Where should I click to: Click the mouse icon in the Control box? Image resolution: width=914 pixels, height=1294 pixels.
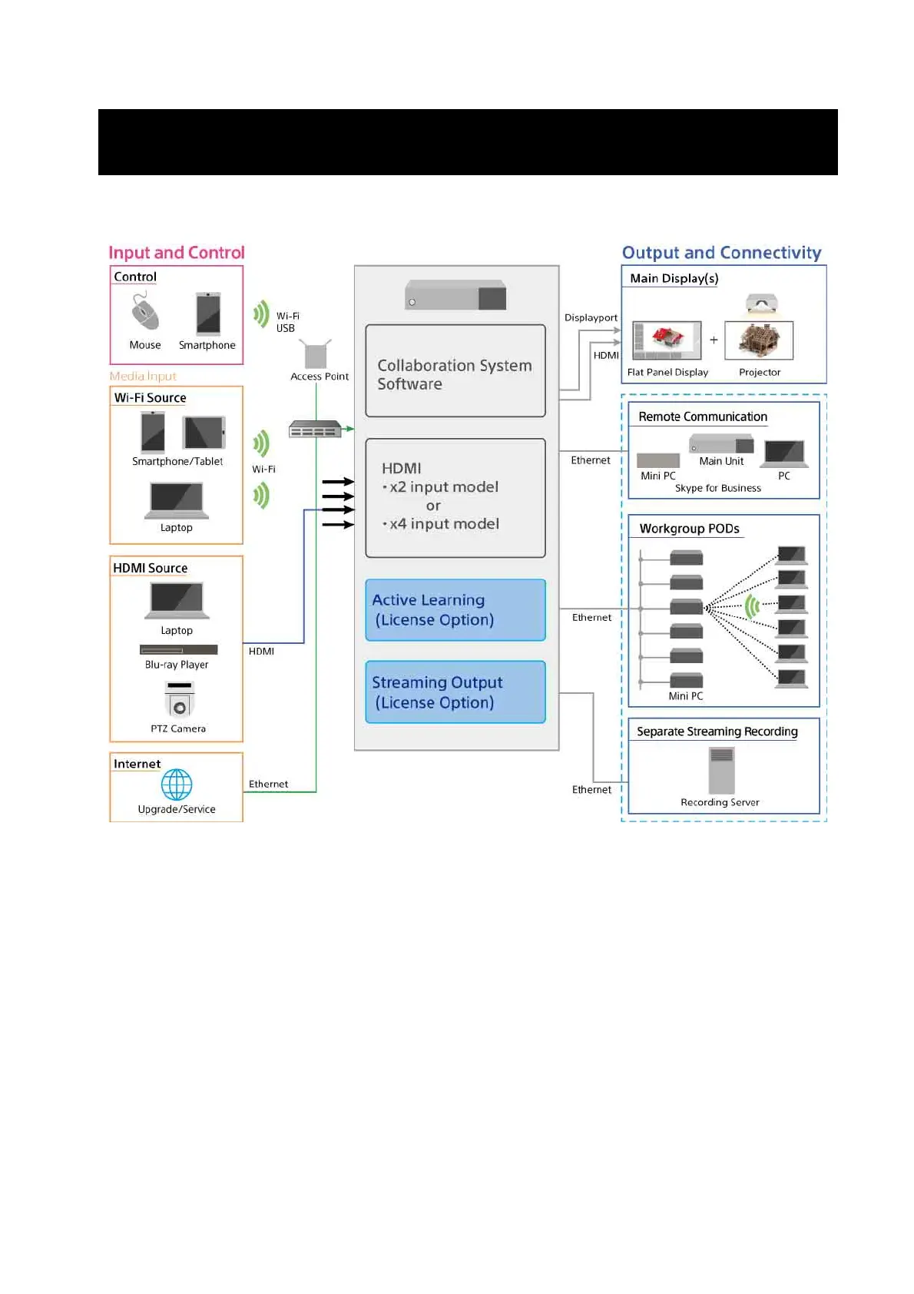(x=144, y=312)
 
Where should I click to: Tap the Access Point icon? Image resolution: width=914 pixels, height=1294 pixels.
(x=316, y=354)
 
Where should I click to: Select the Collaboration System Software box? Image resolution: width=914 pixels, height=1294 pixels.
(x=455, y=371)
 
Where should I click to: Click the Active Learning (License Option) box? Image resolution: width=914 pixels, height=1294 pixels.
(x=455, y=610)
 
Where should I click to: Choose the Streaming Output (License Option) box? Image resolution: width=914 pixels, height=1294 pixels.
(x=455, y=692)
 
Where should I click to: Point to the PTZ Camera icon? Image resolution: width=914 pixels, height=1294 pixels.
(x=179, y=699)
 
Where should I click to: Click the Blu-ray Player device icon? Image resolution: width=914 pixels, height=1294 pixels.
(x=178, y=650)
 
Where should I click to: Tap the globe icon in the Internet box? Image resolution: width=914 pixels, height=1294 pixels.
(x=177, y=785)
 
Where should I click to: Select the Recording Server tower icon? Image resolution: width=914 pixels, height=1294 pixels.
(x=721, y=770)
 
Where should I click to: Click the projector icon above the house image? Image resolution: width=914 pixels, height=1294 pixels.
(x=761, y=304)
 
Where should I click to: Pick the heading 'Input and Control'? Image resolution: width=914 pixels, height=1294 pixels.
(x=177, y=253)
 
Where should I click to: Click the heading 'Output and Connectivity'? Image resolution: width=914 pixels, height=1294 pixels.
(x=721, y=253)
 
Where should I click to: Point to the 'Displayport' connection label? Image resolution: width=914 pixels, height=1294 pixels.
(x=591, y=318)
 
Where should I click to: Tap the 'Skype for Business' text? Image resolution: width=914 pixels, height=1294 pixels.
(x=717, y=489)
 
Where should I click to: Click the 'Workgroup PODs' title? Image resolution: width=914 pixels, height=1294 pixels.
(x=689, y=529)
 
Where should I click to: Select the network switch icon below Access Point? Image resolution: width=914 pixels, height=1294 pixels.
(x=315, y=430)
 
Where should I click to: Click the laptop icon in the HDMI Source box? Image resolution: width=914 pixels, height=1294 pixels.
(x=177, y=600)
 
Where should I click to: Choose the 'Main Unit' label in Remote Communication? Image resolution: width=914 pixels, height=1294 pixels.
(x=721, y=461)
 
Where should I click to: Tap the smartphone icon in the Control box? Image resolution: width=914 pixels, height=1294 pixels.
(x=208, y=314)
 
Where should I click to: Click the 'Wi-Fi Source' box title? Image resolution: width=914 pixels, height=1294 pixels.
(x=150, y=398)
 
